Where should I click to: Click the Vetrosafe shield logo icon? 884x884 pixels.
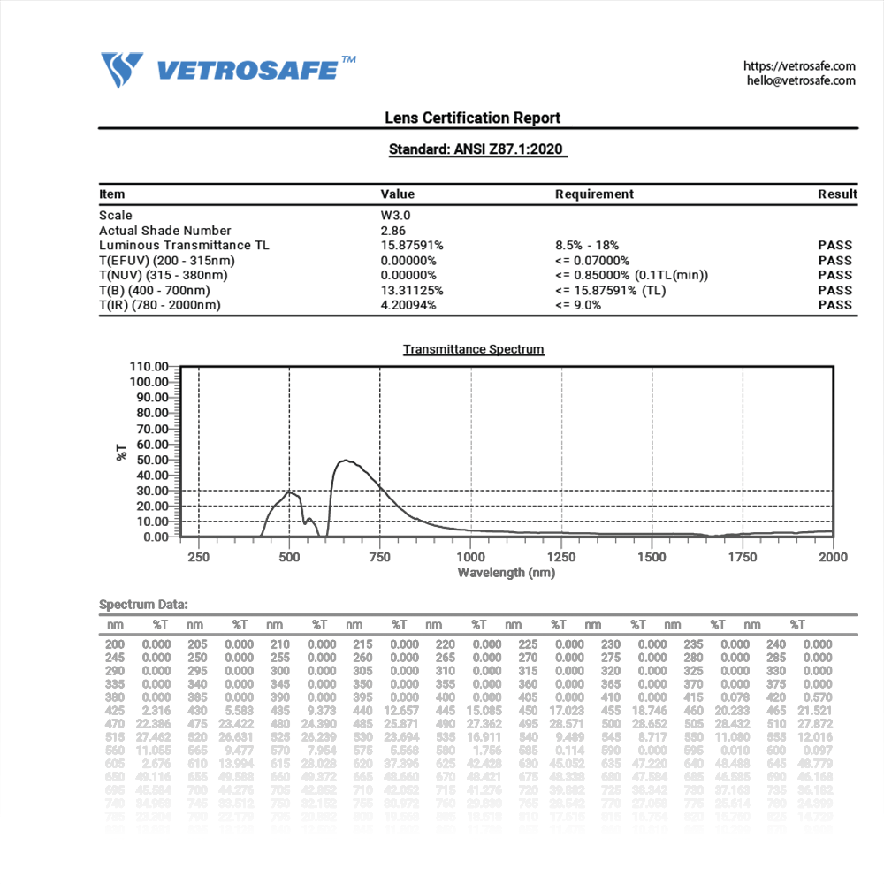pos(122,70)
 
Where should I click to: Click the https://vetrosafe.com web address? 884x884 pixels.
pos(799,66)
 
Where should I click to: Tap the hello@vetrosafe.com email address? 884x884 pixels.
pos(801,80)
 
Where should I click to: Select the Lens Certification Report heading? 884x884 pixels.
pos(472,118)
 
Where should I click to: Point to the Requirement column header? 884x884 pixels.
pos(594,194)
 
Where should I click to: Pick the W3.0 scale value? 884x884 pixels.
pos(395,215)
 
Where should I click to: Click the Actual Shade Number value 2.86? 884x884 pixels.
pos(392,230)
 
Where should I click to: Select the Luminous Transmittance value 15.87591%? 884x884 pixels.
pos(412,245)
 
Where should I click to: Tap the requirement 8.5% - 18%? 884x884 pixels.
pos(587,245)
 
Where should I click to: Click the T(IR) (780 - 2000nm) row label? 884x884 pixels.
pos(160,305)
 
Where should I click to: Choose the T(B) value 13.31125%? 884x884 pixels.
pos(412,290)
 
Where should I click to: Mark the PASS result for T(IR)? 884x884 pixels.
pos(835,305)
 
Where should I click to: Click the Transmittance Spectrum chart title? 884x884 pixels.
pos(474,349)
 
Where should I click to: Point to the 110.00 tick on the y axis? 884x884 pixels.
pos(149,366)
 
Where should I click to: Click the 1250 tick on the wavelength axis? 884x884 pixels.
pos(561,557)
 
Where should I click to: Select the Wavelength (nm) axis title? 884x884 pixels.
pos(506,573)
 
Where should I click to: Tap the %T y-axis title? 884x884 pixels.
pos(121,452)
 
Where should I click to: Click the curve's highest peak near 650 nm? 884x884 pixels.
pos(345,461)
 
